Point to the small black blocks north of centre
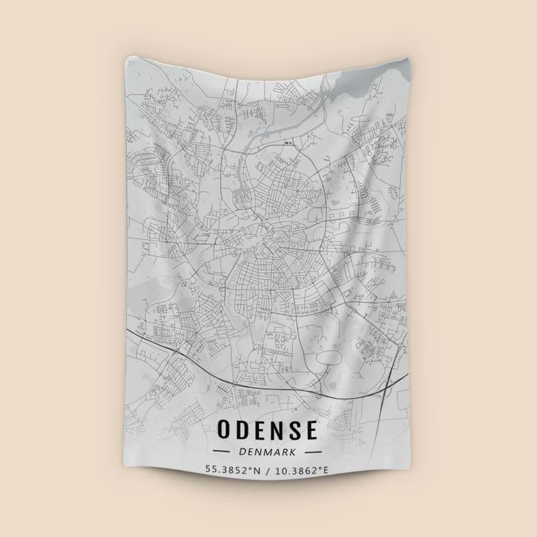[290, 143]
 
